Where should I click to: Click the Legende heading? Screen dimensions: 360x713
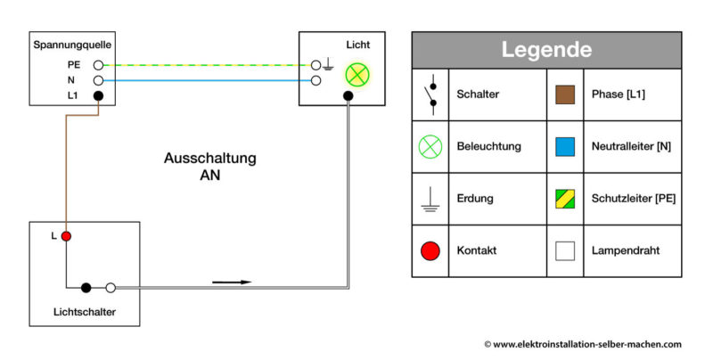(x=546, y=49)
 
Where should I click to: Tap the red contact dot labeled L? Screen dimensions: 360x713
(x=66, y=236)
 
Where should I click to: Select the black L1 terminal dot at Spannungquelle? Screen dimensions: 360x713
(x=98, y=95)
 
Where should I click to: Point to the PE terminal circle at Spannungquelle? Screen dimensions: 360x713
(x=98, y=65)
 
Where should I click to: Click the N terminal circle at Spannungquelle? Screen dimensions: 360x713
(x=98, y=80)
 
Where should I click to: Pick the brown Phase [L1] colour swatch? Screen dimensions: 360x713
(x=564, y=94)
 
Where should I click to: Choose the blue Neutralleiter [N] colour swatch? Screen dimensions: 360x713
(x=564, y=146)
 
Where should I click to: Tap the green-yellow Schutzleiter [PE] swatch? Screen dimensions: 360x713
(x=564, y=198)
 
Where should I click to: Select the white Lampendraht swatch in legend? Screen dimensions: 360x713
(x=564, y=250)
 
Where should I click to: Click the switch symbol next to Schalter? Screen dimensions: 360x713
(x=430, y=94)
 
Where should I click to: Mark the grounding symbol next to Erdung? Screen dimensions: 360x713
(x=430, y=200)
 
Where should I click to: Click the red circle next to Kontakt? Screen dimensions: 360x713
(x=430, y=250)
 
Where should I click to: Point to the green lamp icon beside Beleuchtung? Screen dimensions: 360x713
(x=430, y=146)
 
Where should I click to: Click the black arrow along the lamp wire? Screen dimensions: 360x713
(x=233, y=282)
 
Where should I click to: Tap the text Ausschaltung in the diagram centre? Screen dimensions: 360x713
(x=209, y=159)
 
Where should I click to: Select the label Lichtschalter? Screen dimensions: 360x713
(x=85, y=312)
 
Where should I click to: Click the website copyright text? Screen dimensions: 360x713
(x=583, y=344)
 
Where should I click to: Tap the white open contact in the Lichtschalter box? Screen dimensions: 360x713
(x=111, y=288)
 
